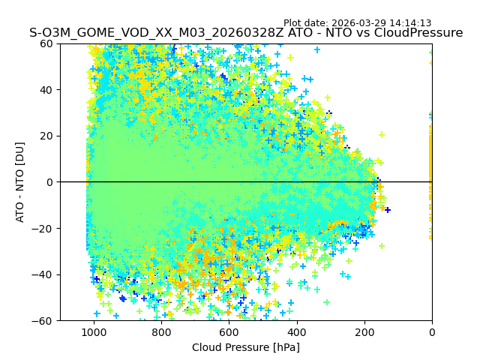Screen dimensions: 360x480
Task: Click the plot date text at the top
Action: [x=357, y=23]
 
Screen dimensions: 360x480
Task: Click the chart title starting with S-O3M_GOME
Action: [x=246, y=33]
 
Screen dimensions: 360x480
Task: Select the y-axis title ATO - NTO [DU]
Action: [x=20, y=182]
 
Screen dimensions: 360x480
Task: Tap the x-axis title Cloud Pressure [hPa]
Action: [x=246, y=347]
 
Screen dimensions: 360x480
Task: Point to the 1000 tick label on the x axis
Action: [x=94, y=331]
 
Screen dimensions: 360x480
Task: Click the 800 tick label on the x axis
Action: [x=161, y=331]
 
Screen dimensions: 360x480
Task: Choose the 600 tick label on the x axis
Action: [x=229, y=331]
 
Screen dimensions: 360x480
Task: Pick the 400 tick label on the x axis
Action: [x=296, y=331]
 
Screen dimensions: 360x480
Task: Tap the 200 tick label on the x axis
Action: [x=364, y=331]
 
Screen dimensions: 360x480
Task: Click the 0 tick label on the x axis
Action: [x=431, y=331]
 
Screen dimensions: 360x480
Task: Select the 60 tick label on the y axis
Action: [x=45, y=43]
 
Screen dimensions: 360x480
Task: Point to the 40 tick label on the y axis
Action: [x=45, y=90]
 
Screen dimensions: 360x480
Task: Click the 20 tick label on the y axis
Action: [x=45, y=136]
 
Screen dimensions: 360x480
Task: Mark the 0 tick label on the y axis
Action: [x=48, y=182]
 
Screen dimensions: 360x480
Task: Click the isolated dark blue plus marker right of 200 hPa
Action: [x=387, y=210]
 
